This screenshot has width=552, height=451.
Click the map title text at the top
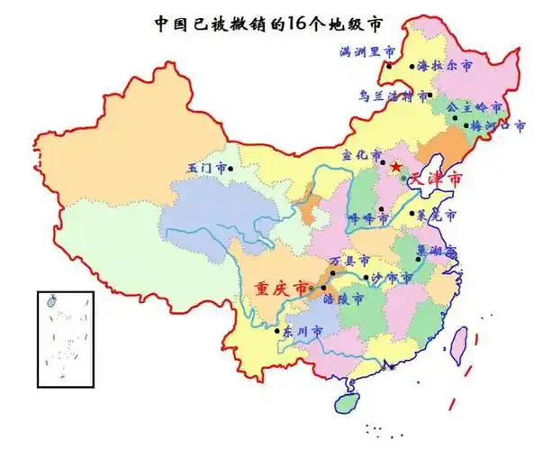point(275,23)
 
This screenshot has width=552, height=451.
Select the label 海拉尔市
point(445,67)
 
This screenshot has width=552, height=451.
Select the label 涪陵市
point(343,298)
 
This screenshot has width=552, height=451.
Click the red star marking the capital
point(395,167)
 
